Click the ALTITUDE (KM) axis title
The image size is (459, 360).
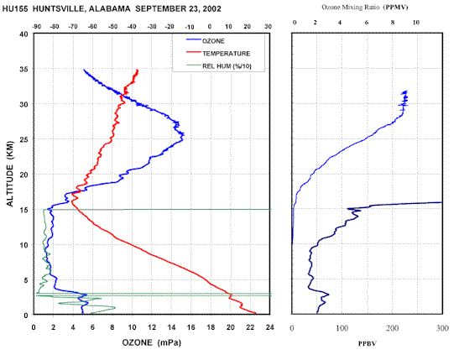10,174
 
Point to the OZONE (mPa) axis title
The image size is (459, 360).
152,342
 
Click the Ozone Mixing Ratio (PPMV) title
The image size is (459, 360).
365,8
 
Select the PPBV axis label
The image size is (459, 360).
367,343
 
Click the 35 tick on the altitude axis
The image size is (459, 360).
23,69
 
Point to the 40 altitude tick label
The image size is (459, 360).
23,34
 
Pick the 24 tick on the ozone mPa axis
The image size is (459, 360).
269,327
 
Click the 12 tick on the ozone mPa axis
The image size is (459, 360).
152,327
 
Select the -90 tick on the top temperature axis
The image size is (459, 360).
36,26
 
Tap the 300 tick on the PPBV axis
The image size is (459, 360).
442,328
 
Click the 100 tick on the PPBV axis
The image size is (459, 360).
342,328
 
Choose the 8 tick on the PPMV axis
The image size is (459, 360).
393,23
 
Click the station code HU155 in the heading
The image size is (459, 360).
15,8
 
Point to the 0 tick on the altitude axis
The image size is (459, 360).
26,315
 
